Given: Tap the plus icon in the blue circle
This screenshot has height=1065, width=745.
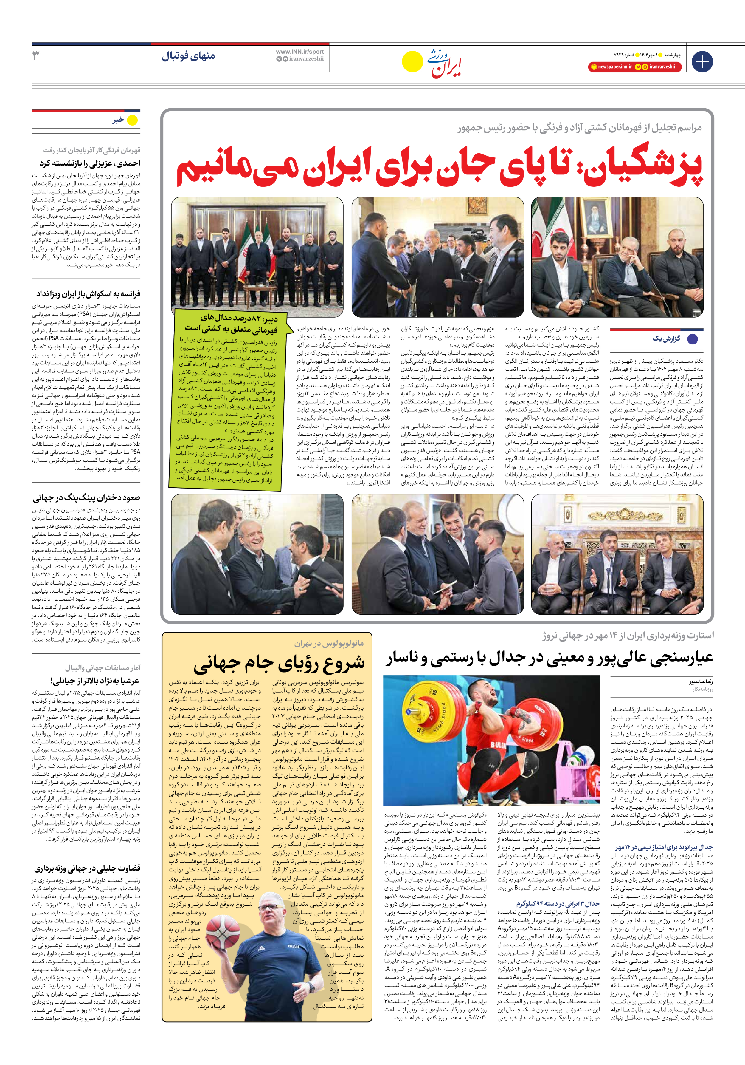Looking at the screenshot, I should [702, 62].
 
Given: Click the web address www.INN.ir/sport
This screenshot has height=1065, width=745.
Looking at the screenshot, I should [300, 52].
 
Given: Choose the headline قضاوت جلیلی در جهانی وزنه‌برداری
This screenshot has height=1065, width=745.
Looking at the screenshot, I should [87, 868].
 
